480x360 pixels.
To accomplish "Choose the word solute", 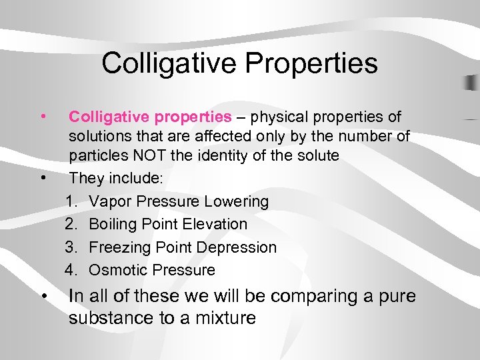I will [x=315, y=156].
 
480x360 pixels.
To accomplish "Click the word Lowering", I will [x=237, y=201].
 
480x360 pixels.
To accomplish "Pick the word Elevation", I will [x=217, y=224].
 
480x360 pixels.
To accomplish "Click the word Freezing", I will [x=121, y=247].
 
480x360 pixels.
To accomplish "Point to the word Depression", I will [x=238, y=247].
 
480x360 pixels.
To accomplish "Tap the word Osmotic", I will [x=118, y=270].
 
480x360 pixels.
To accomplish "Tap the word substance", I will [x=111, y=317].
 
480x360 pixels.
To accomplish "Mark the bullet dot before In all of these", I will [x=43, y=295].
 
